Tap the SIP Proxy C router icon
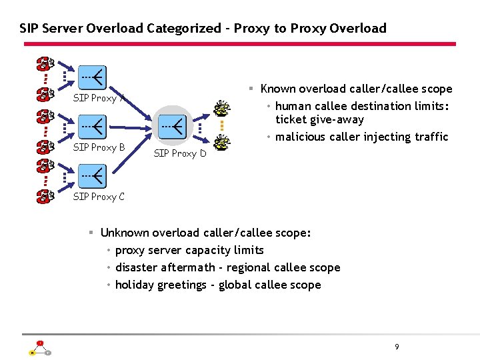tap(92, 175)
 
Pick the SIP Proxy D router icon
tap(172, 125)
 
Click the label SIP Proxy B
tap(99, 147)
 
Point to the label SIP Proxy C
tap(99, 197)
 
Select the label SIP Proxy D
tap(180, 153)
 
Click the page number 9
tap(397, 347)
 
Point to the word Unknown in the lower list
tap(123, 233)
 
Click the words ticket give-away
tap(320, 120)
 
